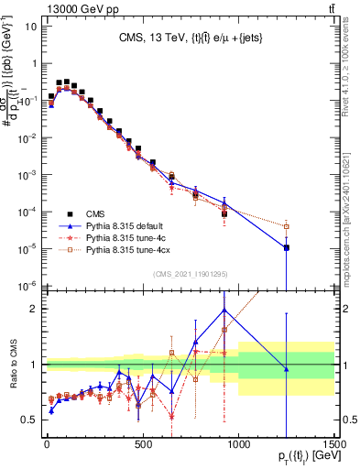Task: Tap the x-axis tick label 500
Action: tap(143, 442)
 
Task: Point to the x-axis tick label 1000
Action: tap(238, 442)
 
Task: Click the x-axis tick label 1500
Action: tap(334, 442)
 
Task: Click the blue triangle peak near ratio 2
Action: tap(224, 310)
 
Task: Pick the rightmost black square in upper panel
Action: tap(287, 247)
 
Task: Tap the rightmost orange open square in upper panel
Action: tap(287, 226)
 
